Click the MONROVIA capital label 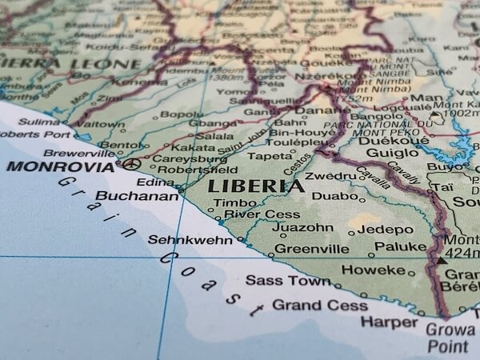tap(60, 167)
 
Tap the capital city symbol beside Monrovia tap(132, 164)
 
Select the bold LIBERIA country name tap(256, 187)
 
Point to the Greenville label tap(312, 249)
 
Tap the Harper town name tap(389, 322)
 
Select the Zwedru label tap(329, 176)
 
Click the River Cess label tap(250, 214)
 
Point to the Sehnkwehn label tap(190, 239)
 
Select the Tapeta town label tap(270, 156)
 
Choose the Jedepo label tap(385, 229)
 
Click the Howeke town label tap(373, 270)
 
